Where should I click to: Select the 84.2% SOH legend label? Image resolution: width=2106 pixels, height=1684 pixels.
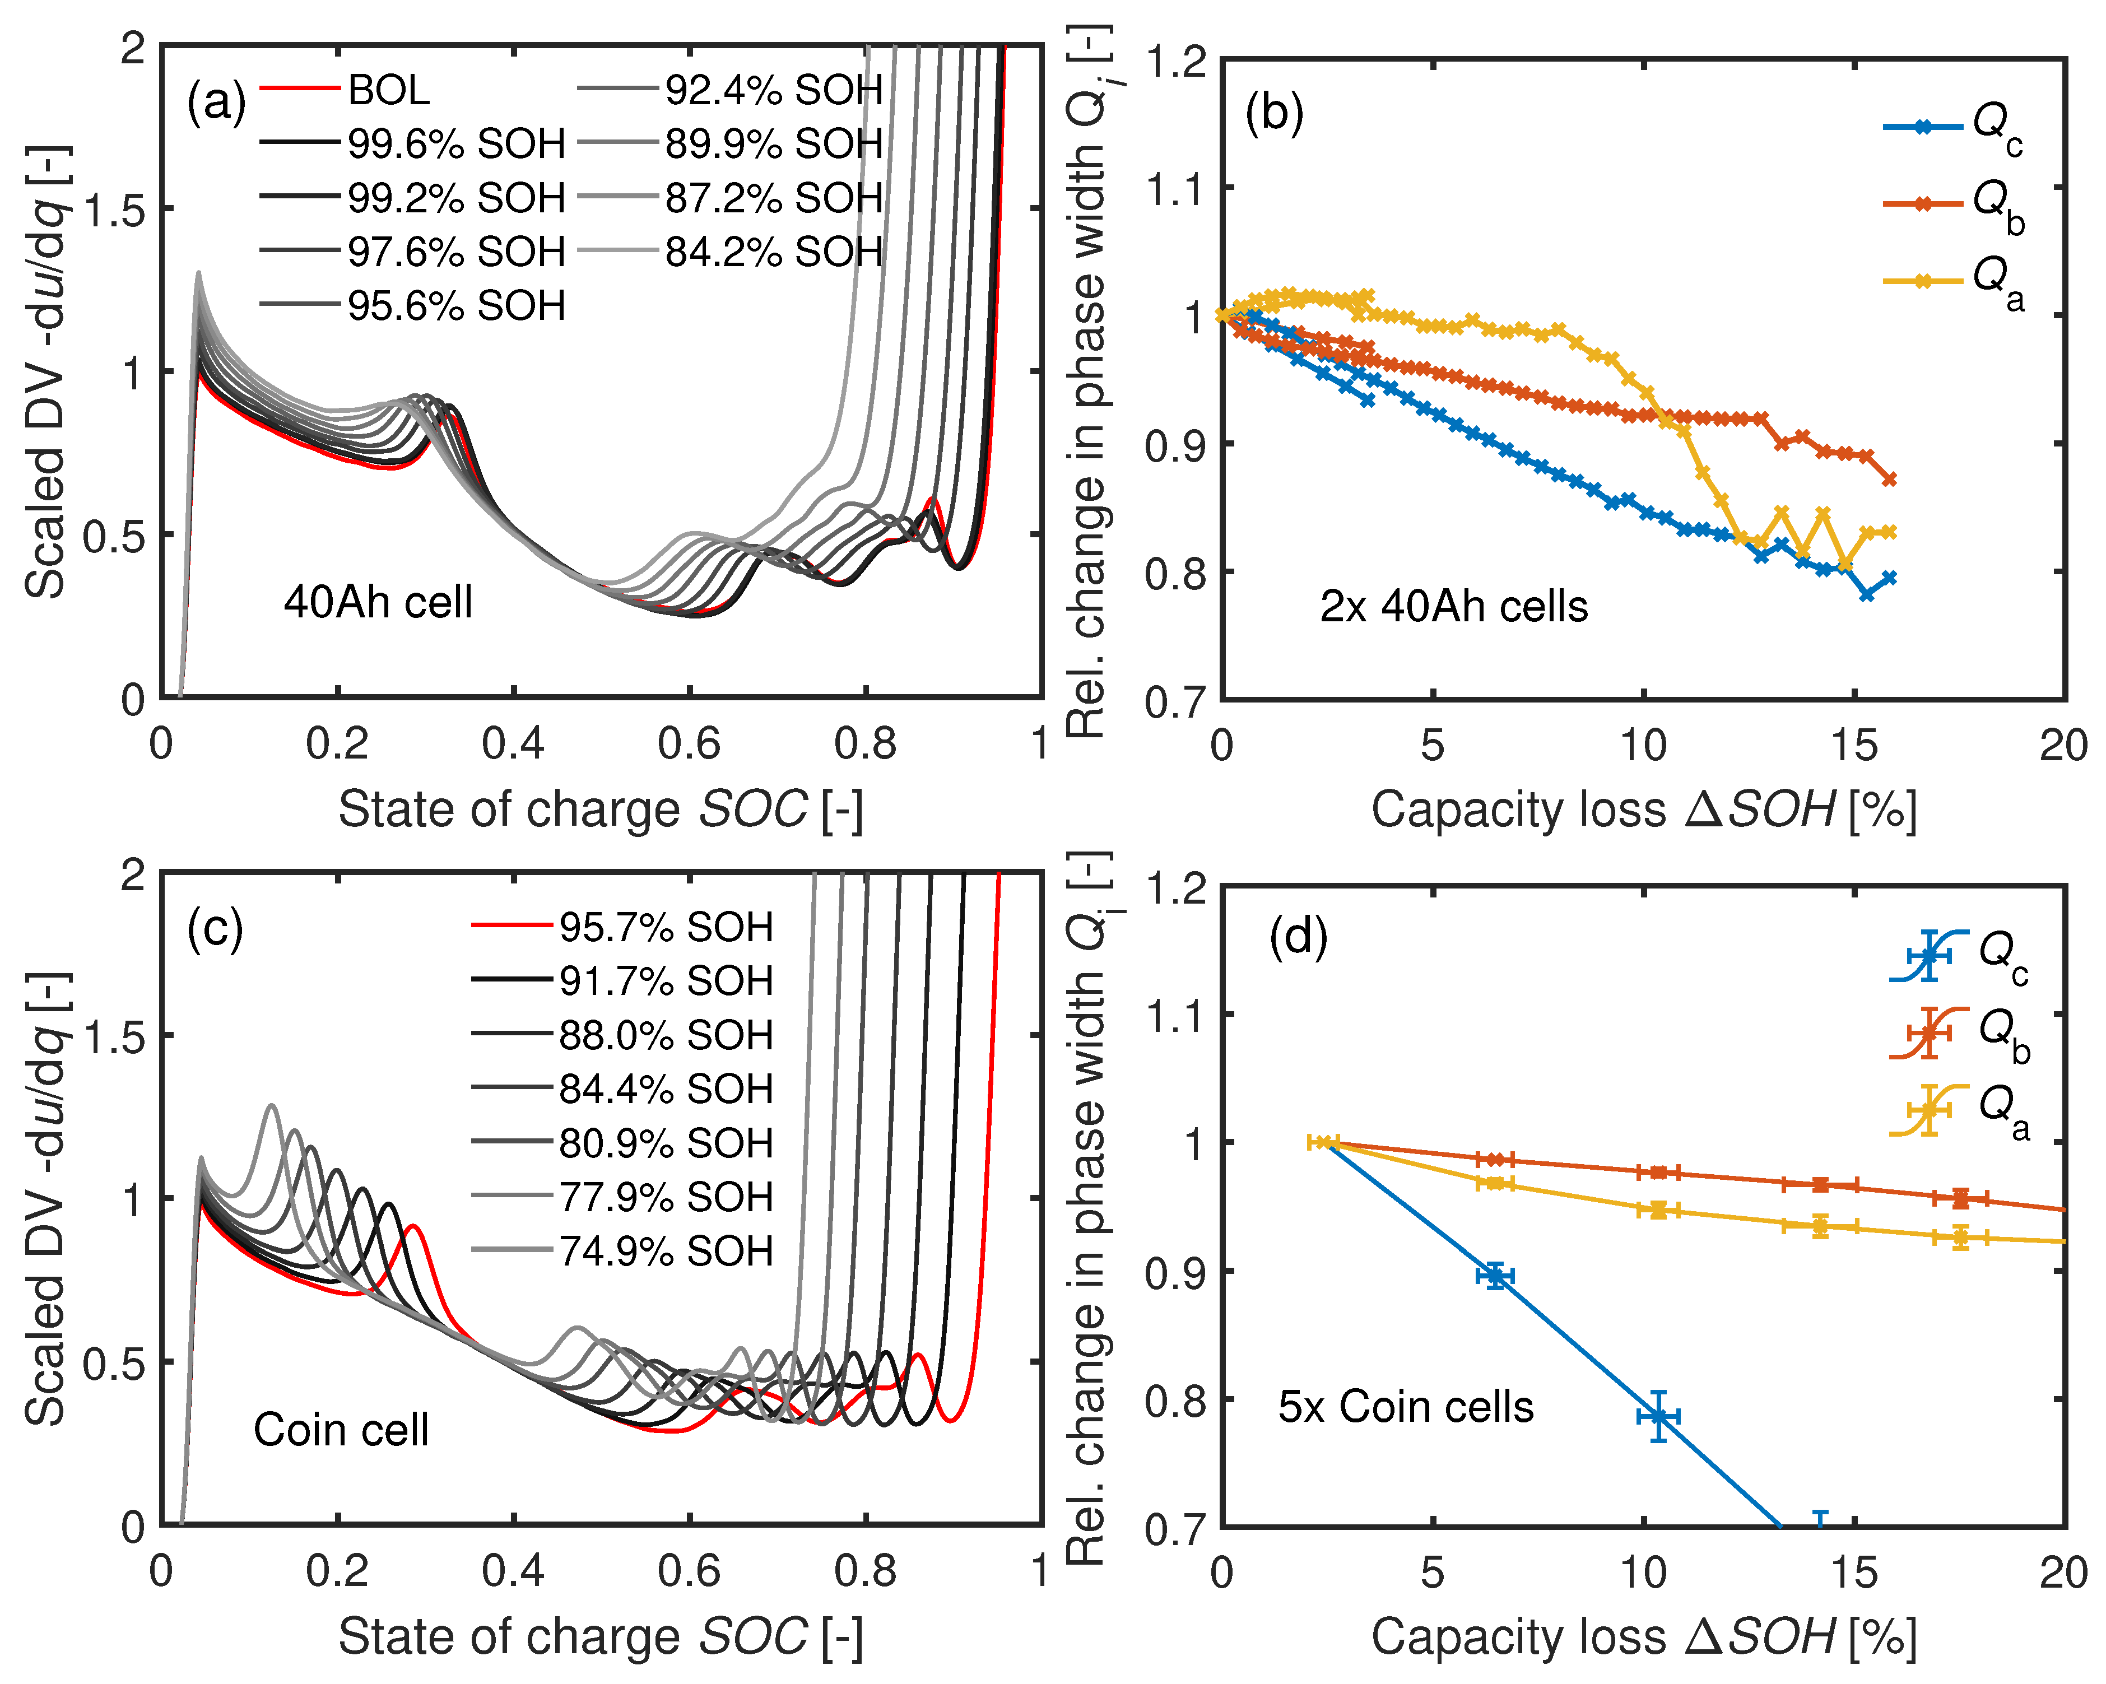tap(774, 252)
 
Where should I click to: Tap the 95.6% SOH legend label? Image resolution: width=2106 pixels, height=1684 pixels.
tap(456, 306)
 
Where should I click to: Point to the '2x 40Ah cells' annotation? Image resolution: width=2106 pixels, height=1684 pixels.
tap(1453, 607)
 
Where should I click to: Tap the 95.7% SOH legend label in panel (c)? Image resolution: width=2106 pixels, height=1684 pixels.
tap(665, 926)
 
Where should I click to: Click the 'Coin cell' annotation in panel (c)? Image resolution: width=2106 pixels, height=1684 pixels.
tap(341, 1430)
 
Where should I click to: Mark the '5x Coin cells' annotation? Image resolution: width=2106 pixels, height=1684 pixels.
tap(1406, 1407)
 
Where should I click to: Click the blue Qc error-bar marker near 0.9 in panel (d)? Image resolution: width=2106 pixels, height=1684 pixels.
tap(1495, 1276)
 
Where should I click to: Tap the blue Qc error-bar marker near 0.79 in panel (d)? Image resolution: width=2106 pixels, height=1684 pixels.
tap(1658, 1416)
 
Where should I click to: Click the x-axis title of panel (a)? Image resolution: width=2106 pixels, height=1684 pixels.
tap(601, 810)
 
